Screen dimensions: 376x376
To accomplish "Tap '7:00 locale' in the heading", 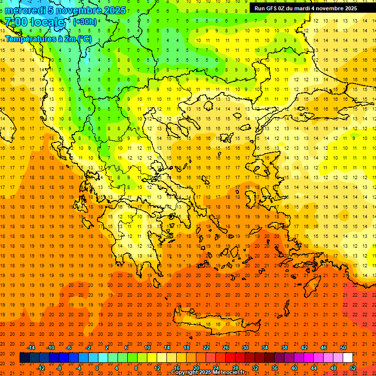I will (35, 22).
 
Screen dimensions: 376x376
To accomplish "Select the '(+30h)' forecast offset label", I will (85, 22).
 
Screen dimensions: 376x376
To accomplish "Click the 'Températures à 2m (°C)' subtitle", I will (48, 38).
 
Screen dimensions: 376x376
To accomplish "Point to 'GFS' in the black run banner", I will (273, 8).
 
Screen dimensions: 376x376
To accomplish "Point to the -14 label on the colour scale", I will (31, 348).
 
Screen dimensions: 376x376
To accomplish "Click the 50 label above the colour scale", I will (343, 348).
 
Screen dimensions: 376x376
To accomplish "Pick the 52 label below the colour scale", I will (353, 368).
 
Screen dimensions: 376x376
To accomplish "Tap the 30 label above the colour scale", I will (245, 348).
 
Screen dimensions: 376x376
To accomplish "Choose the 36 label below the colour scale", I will (274, 368).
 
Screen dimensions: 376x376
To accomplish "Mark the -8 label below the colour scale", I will (59, 368).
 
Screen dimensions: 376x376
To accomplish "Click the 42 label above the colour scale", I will (304, 348).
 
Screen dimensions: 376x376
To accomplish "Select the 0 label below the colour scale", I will (97, 368).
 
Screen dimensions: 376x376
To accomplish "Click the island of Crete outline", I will (215, 324).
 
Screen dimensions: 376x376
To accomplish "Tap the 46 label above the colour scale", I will (323, 348).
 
